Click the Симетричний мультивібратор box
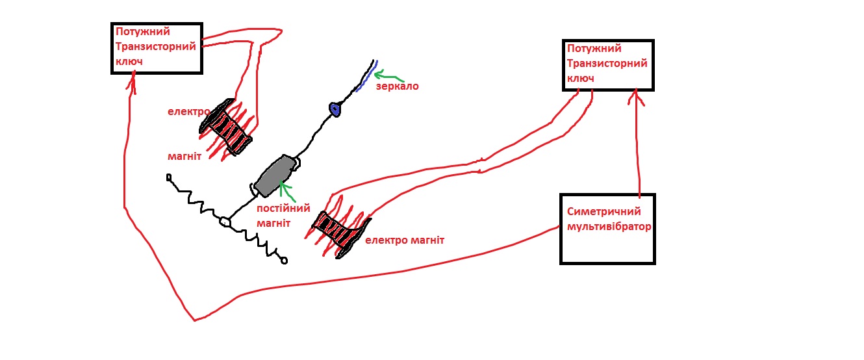click(x=607, y=229)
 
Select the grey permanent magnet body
click(x=275, y=175)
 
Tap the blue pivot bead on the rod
click(x=335, y=109)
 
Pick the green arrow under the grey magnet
click(x=286, y=192)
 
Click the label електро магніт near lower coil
click(x=405, y=240)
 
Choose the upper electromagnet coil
click(x=225, y=127)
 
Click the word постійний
click(x=283, y=209)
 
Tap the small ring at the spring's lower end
click(x=283, y=261)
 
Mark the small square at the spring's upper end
click(x=169, y=177)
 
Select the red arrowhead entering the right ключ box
click(x=635, y=98)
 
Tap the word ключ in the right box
click(x=581, y=78)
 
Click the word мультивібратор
click(x=609, y=227)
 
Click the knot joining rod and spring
click(x=225, y=222)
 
